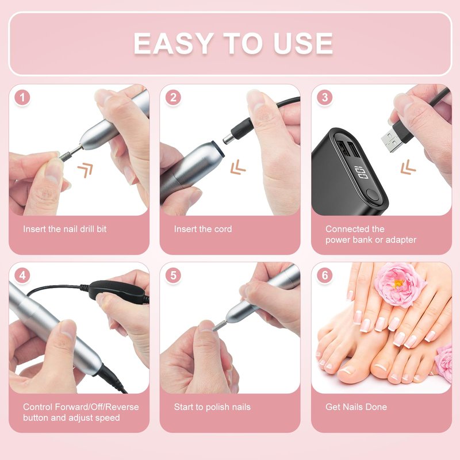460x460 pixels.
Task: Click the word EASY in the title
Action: pyautogui.click(x=174, y=44)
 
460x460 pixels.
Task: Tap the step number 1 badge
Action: pyautogui.click(x=22, y=97)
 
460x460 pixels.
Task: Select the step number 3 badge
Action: pyautogui.click(x=325, y=97)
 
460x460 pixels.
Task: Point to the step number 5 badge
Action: pyautogui.click(x=174, y=275)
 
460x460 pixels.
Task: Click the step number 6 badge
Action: pyautogui.click(x=325, y=275)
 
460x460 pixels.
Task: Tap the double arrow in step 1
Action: pyautogui.click(x=85, y=170)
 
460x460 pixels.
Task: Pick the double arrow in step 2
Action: pyautogui.click(x=237, y=167)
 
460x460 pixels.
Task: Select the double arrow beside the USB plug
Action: pyautogui.click(x=408, y=167)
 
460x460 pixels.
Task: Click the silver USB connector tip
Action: pyautogui.click(x=390, y=141)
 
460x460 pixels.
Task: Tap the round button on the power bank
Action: pyautogui.click(x=373, y=194)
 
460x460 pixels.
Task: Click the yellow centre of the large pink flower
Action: pyautogui.click(x=398, y=283)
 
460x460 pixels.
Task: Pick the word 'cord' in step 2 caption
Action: pyautogui.click(x=223, y=229)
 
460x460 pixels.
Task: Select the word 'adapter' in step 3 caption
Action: pyautogui.click(x=401, y=240)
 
